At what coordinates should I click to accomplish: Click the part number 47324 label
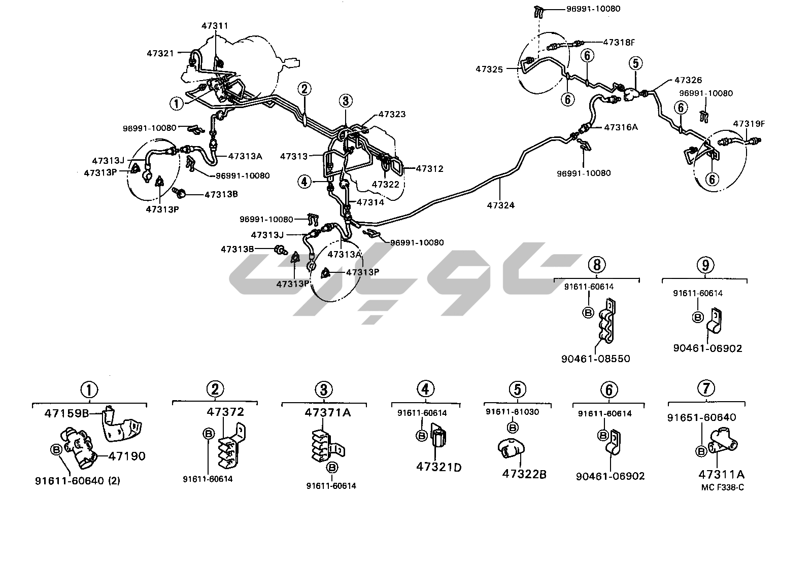click(x=500, y=205)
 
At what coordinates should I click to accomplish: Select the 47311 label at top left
click(x=214, y=26)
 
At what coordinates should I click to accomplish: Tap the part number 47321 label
click(x=160, y=53)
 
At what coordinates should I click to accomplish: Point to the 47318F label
click(x=619, y=43)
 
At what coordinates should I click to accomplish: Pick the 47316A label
click(x=621, y=127)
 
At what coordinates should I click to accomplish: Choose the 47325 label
click(x=489, y=69)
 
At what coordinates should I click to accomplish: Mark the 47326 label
click(x=688, y=80)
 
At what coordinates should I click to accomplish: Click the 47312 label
click(x=429, y=169)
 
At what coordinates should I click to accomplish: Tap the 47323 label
click(x=392, y=115)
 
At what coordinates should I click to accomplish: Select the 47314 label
click(x=370, y=202)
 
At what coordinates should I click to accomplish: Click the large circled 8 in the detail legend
click(x=597, y=264)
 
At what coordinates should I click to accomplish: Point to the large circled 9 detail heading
click(x=705, y=264)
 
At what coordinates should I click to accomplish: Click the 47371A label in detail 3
click(x=327, y=412)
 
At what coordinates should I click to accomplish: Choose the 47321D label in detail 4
click(x=439, y=467)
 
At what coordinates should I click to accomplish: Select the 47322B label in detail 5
click(x=524, y=474)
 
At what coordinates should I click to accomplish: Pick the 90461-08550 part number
click(x=596, y=359)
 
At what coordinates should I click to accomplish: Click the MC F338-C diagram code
click(x=722, y=487)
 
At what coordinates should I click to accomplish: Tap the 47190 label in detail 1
click(x=127, y=456)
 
